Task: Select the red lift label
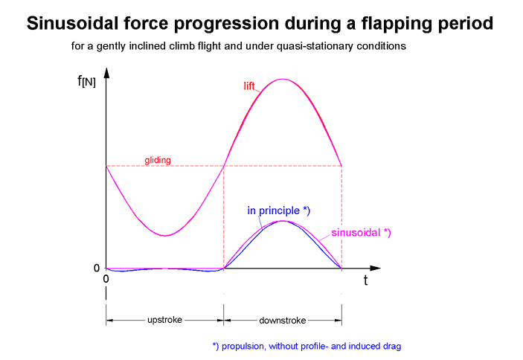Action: [x=251, y=87]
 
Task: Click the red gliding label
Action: [x=158, y=160]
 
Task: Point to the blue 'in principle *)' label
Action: [x=278, y=210]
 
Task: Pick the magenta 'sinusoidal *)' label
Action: [x=361, y=233]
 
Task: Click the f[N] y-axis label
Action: [x=86, y=80]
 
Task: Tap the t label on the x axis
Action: [x=365, y=281]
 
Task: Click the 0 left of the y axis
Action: [x=96, y=269]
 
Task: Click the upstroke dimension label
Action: [x=164, y=320]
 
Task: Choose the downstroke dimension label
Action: [x=282, y=320]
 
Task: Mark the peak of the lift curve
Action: [x=282, y=79]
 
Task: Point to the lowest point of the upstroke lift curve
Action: [x=165, y=236]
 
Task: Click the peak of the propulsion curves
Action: [x=282, y=221]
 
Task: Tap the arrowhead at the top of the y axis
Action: [x=107, y=72]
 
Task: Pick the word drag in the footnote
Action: [x=392, y=346]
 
